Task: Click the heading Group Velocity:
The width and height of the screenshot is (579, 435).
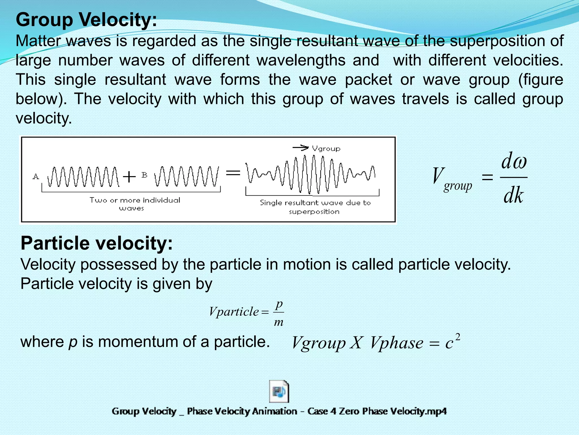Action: [86, 20]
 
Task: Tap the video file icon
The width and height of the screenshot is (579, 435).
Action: [279, 391]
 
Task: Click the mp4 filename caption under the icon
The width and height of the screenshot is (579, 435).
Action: [279, 411]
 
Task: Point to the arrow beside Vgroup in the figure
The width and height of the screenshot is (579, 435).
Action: [300, 148]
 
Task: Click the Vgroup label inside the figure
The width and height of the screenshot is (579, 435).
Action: [326, 149]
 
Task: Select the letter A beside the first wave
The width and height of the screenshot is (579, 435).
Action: [36, 176]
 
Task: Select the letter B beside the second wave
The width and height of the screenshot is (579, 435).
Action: [144, 175]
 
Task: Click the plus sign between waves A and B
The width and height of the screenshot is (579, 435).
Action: [129, 177]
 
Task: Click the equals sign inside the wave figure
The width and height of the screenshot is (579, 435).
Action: [233, 172]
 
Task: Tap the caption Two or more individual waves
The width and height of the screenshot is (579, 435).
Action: [135, 204]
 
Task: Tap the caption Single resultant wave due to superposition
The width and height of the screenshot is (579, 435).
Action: [315, 207]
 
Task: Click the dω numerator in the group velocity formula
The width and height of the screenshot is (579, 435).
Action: [514, 161]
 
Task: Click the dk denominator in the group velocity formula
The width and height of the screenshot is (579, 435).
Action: [513, 195]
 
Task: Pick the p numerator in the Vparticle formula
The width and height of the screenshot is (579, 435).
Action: [279, 304]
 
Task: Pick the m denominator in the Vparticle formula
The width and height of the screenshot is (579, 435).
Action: [279, 322]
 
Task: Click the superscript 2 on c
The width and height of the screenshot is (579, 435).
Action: [458, 337]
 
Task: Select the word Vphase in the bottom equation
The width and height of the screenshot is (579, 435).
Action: [396, 343]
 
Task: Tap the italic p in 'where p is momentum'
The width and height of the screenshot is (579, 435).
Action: [73, 342]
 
